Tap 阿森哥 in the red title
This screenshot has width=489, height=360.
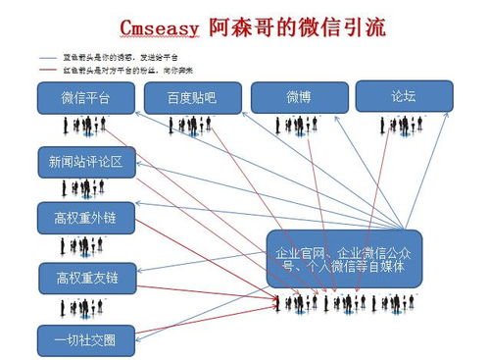241,26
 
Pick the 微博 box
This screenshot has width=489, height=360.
299,98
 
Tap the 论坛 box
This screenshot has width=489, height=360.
404,95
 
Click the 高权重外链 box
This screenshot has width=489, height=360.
85,217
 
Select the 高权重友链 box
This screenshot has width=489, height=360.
86,278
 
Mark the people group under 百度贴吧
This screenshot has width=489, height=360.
195,127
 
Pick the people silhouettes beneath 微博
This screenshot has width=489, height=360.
299,127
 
